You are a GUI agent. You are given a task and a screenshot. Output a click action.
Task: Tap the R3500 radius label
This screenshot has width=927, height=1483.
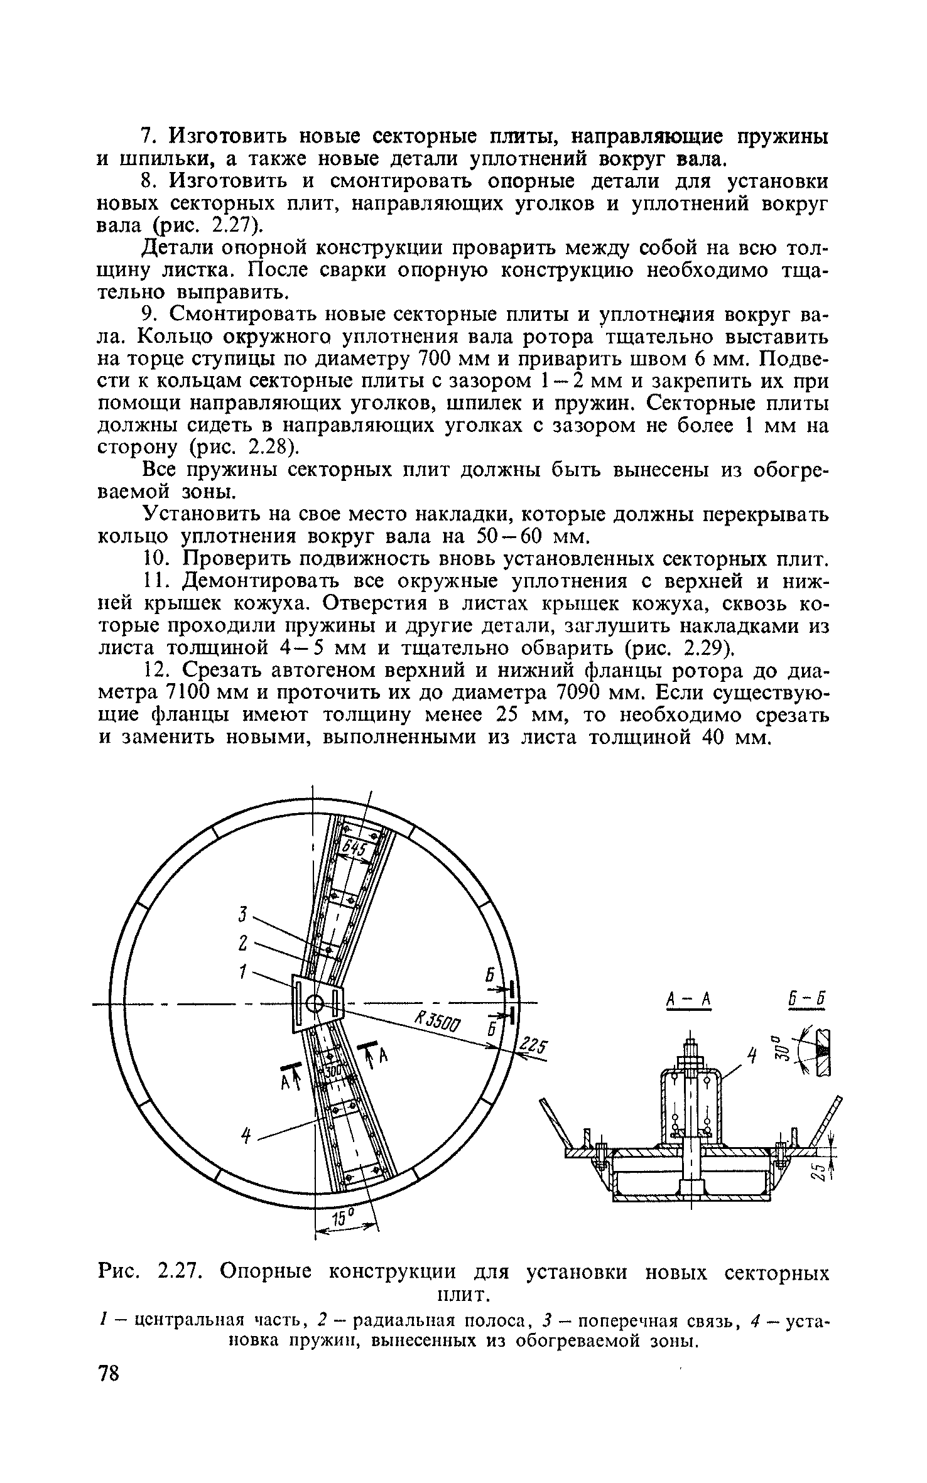pos(438,1024)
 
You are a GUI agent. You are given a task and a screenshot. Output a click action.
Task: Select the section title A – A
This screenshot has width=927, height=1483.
pos(688,999)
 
